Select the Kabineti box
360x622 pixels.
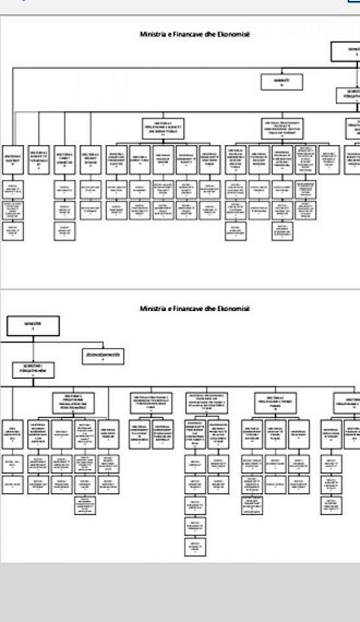coord(282,82)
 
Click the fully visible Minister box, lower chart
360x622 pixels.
coord(33,326)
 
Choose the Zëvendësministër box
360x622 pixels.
coord(103,356)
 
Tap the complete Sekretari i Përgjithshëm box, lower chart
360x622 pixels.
coord(33,370)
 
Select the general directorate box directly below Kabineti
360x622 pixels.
coord(282,129)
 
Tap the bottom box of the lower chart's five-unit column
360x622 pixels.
coord(195,547)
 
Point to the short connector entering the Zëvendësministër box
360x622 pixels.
coord(103,346)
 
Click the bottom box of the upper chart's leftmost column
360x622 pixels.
coord(13,231)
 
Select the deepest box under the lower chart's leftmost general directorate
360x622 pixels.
coord(85,505)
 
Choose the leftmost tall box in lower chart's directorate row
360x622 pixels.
coord(13,434)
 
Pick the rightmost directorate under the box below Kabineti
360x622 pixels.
coord(329,160)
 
